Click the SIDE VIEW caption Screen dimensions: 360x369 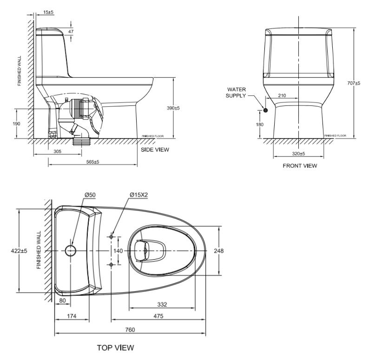tap(155, 150)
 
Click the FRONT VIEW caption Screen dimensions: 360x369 tap(300, 166)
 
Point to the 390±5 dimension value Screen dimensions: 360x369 tap(173, 108)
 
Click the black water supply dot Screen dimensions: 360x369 tap(265, 110)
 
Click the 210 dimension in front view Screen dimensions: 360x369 tap(282, 95)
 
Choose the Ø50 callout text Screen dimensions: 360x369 tap(90, 195)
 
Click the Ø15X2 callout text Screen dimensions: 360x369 tap(139, 195)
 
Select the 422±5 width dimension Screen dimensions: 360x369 tap(19, 251)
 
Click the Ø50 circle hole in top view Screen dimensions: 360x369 tap(70, 251)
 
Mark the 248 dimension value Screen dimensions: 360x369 tap(218, 251)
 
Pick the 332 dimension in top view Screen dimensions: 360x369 tap(161, 304)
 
